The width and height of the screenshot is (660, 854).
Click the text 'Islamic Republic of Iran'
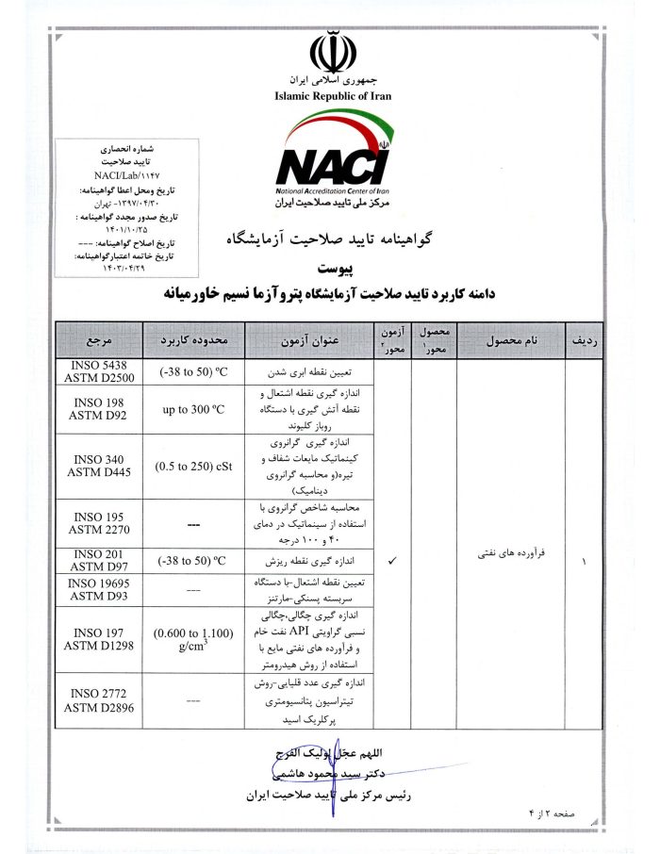pyautogui.click(x=332, y=96)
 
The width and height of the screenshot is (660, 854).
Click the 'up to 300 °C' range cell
pyautogui.click(x=192, y=410)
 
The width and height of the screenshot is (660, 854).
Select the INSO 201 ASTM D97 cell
pyautogui.click(x=99, y=560)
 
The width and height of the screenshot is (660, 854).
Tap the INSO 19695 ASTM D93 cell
pyautogui.click(x=99, y=589)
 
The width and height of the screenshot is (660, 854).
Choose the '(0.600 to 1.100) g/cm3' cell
pyautogui.click(x=192, y=638)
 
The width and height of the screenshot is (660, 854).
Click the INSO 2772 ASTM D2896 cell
pyautogui.click(x=99, y=700)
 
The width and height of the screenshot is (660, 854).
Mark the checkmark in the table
pyautogui.click(x=392, y=561)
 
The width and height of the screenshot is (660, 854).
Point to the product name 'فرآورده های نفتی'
pyautogui.click(x=509, y=561)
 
